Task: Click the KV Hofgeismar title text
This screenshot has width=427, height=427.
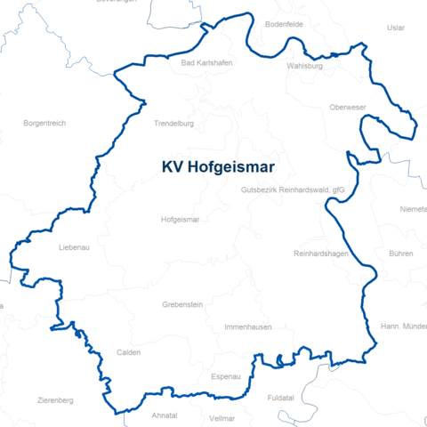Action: [218, 166]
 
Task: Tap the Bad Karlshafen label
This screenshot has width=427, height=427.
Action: [202, 63]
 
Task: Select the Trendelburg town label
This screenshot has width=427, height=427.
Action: [173, 124]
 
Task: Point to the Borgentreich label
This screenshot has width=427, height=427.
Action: [44, 123]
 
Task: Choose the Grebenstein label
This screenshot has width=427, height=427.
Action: [182, 304]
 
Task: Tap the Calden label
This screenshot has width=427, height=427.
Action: [129, 352]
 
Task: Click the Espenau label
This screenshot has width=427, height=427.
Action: [226, 377]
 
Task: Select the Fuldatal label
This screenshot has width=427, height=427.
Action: [283, 399]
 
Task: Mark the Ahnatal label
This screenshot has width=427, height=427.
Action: [165, 415]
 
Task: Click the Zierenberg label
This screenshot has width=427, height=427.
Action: [55, 401]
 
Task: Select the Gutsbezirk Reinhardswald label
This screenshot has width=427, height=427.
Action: [292, 190]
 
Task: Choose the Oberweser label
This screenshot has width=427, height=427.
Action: [349, 108]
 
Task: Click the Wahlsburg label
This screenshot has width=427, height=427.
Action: [305, 66]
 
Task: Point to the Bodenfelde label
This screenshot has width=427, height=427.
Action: [310, 24]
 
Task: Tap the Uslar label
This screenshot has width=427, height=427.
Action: [397, 28]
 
